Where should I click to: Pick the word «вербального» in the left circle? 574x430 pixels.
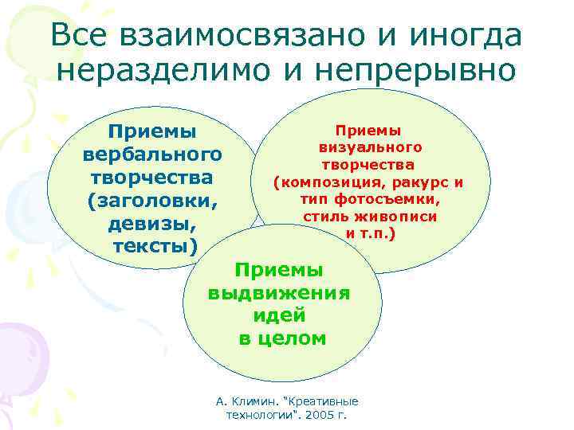pyautogui.click(x=152, y=152)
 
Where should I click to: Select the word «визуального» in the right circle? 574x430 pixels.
pyautogui.click(x=370, y=147)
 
